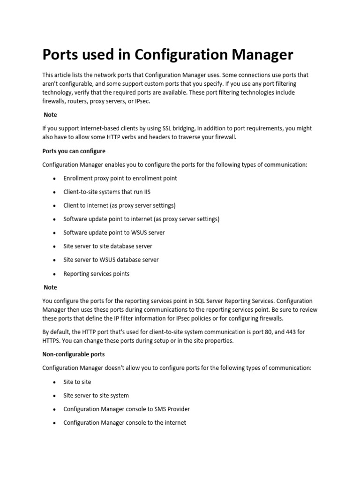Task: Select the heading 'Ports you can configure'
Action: [x=74, y=151]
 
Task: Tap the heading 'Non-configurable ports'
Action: [x=73, y=354]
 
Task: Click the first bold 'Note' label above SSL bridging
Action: [x=50, y=114]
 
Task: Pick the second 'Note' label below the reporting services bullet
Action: [x=50, y=287]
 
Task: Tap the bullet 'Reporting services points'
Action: [x=96, y=273]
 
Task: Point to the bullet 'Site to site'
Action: [x=77, y=382]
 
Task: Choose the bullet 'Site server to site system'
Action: [x=96, y=395]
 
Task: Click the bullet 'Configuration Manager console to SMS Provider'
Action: [x=127, y=409]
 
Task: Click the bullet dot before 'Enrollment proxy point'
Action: [x=55, y=179]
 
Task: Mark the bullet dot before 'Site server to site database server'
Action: [x=55, y=247]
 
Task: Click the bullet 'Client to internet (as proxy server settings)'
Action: [x=119, y=205]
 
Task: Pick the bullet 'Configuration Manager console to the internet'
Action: [x=125, y=422]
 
